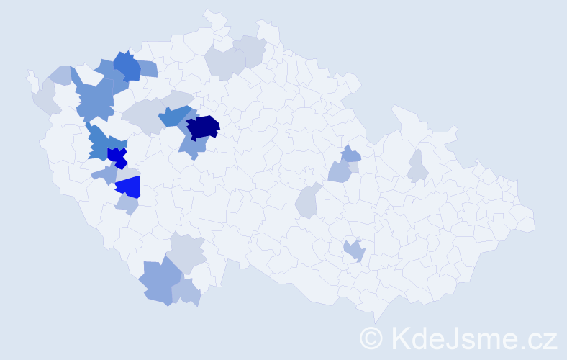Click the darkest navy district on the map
point(203,127)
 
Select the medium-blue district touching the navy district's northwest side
point(174,115)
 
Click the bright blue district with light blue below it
point(130,187)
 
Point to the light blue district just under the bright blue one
point(127,205)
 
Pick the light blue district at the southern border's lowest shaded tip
point(186,293)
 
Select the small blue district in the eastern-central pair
point(350,153)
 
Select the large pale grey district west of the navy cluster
point(141,115)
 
